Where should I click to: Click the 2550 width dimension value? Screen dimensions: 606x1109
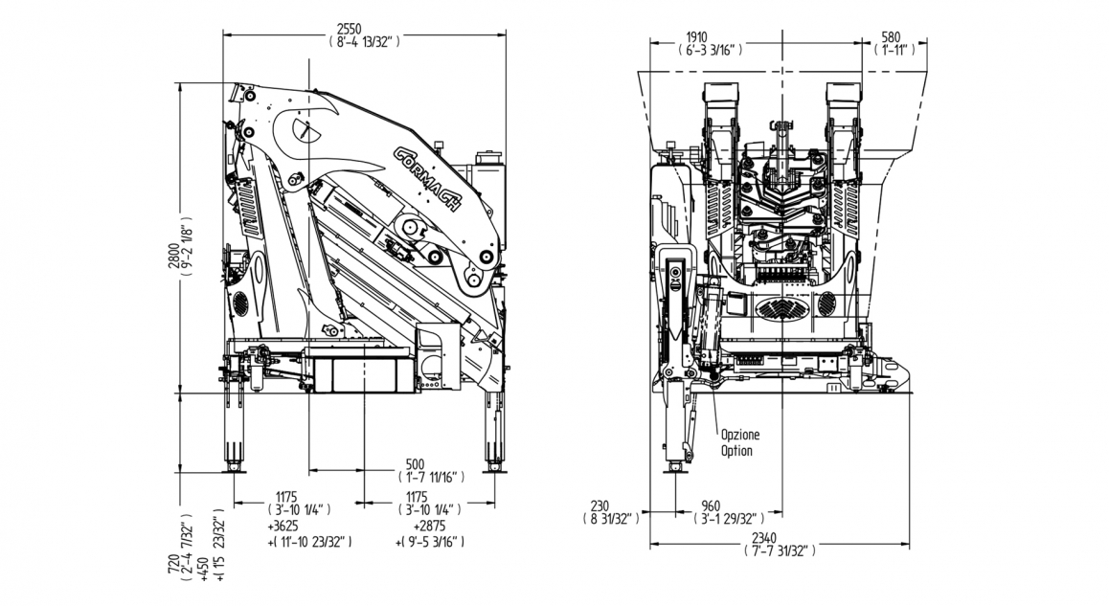click(363, 29)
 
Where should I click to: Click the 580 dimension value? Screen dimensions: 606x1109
click(891, 37)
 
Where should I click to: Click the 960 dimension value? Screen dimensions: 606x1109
click(711, 506)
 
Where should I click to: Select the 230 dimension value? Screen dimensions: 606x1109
click(600, 506)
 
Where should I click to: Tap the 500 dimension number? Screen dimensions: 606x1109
click(414, 463)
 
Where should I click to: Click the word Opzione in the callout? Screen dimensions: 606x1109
click(740, 434)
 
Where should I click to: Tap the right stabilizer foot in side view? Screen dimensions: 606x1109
click(494, 466)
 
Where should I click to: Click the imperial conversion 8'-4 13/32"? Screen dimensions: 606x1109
click(363, 42)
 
